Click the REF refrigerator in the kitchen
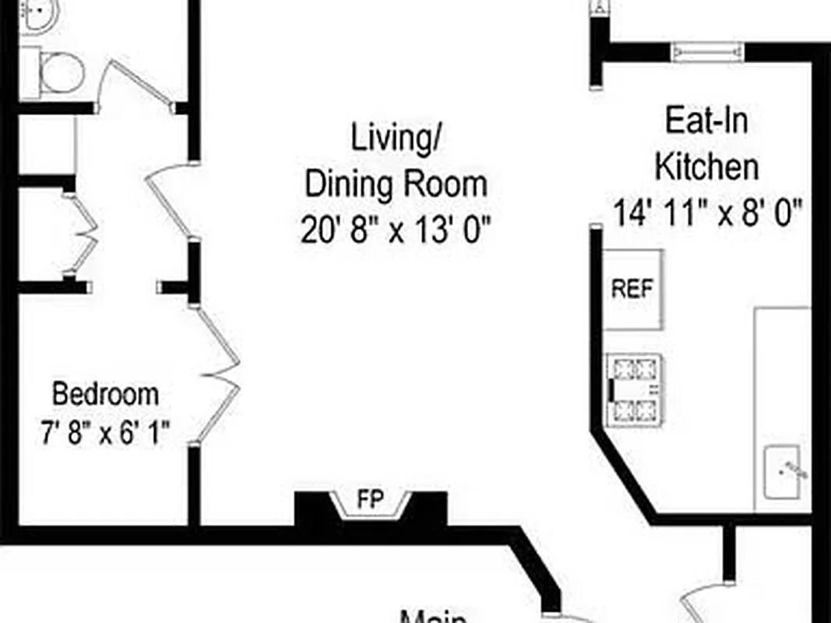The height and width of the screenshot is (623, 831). click(x=633, y=290)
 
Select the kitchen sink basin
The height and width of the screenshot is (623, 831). click(x=782, y=471)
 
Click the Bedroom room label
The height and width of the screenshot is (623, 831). click(x=105, y=394)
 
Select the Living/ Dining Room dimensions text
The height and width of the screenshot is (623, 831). click(x=396, y=231)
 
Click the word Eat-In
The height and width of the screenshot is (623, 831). click(x=706, y=121)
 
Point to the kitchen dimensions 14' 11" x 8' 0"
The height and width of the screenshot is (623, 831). click(x=707, y=212)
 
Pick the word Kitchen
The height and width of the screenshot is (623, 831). click(x=706, y=167)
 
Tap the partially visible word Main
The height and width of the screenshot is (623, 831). click(x=433, y=617)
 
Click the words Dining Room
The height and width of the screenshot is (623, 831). click(x=396, y=185)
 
